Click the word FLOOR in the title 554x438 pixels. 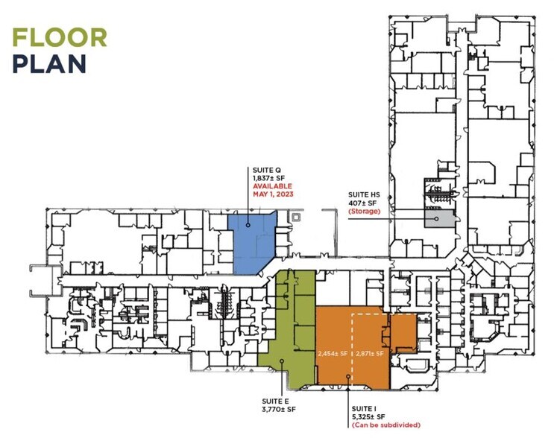click(x=60, y=37)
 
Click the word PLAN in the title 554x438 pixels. click(x=49, y=63)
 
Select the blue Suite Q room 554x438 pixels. click(x=251, y=244)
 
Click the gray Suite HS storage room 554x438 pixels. click(x=439, y=220)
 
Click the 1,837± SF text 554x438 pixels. click(x=268, y=178)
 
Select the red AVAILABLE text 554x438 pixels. click(x=272, y=186)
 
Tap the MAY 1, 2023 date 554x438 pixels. click(x=273, y=194)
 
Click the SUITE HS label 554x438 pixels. click(x=364, y=195)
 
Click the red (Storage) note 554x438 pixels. click(x=365, y=212)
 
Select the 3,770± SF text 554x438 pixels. click(x=279, y=410)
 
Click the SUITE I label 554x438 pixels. click(x=364, y=409)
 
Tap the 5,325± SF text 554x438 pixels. click(x=368, y=417)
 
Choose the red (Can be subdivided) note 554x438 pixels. click(x=386, y=425)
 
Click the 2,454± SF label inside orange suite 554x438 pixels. click(x=333, y=353)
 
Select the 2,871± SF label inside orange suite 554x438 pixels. click(x=370, y=353)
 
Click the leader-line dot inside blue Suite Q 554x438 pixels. click(x=248, y=225)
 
